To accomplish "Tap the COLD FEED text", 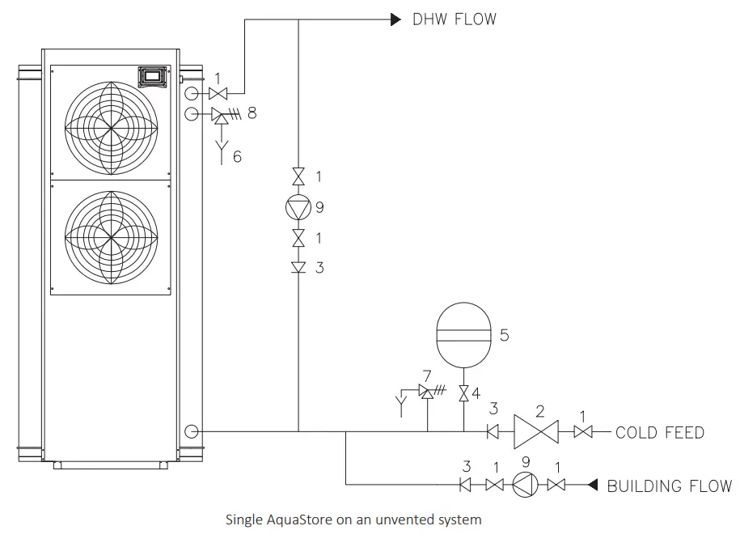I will click(659, 433).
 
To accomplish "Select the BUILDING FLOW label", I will click(669, 486).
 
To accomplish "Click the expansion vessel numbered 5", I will click(463, 335).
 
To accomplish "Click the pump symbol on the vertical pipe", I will click(298, 207).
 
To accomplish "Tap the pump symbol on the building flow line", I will click(523, 486).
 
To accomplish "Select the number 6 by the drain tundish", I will click(237, 156).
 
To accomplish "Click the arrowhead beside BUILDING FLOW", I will click(592, 486).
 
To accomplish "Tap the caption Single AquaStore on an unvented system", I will click(353, 520).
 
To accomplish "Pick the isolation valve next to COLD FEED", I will click(581, 433).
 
